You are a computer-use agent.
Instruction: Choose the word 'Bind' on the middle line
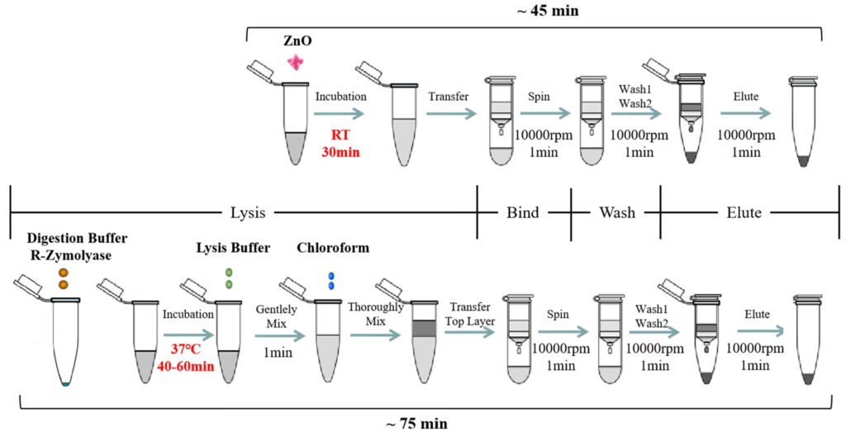pyautogui.click(x=522, y=212)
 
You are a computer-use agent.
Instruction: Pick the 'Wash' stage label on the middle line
pyautogui.click(x=617, y=212)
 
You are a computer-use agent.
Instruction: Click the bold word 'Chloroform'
pyautogui.click(x=332, y=248)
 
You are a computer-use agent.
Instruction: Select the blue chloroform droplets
pyautogui.click(x=333, y=281)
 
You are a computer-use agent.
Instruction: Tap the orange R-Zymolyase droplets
pyautogui.click(x=62, y=278)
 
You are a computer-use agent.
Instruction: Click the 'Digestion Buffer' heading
pyautogui.click(x=63, y=240)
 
